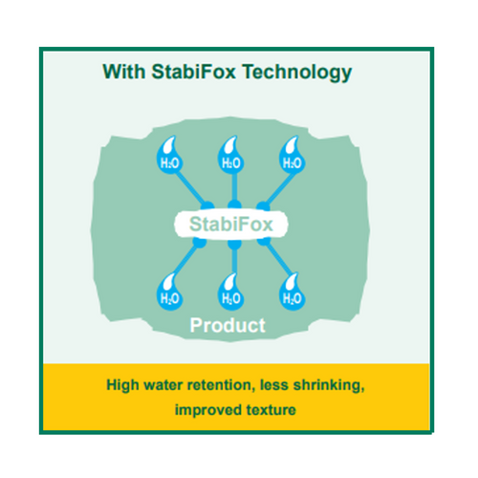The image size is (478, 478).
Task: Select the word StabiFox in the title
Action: tap(193, 72)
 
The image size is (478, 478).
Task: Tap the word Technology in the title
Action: tap(297, 73)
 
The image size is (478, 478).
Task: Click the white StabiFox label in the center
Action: tap(231, 225)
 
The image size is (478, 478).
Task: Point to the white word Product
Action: tap(228, 325)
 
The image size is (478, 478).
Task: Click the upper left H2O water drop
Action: tap(169, 156)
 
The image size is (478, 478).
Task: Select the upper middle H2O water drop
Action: tap(231, 156)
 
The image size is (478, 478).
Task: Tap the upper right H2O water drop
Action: tap(293, 156)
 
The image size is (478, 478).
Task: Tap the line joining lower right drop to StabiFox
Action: tap(276, 259)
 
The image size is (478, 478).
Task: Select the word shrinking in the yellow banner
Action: tap(329, 385)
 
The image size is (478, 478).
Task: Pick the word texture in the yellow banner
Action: tap(271, 410)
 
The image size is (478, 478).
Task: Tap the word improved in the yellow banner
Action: tap(208, 410)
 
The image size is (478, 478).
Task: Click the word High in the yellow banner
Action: tap(122, 385)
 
